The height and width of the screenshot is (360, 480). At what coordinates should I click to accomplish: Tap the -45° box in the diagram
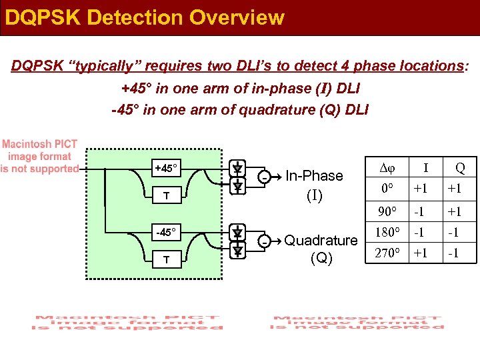click(x=167, y=233)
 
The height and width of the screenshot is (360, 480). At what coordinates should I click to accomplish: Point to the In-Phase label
click(x=314, y=176)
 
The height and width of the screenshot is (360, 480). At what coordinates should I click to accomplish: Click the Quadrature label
click(x=321, y=241)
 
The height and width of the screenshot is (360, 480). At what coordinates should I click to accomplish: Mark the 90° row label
click(x=385, y=213)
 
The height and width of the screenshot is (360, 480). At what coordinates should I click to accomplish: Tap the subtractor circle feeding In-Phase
click(x=265, y=178)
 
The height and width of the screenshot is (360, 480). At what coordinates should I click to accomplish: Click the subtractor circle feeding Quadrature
click(x=265, y=243)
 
